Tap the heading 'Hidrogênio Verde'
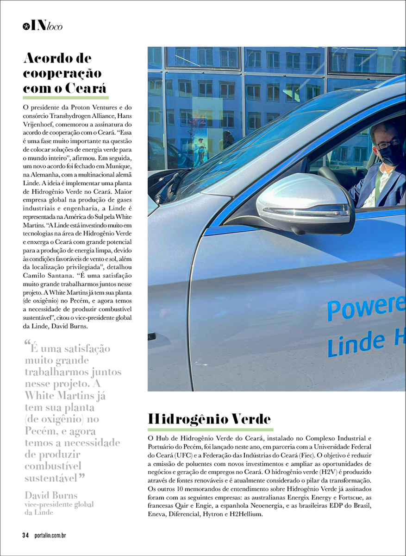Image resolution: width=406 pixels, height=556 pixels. [209, 419]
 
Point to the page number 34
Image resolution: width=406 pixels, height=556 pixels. [25, 536]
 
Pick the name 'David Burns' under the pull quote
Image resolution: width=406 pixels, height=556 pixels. [51, 495]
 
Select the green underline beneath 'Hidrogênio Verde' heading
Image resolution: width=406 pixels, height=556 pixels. [211, 430]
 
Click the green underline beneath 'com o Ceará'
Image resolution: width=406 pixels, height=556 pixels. [65, 97]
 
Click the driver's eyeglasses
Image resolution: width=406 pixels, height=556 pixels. [387, 144]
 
